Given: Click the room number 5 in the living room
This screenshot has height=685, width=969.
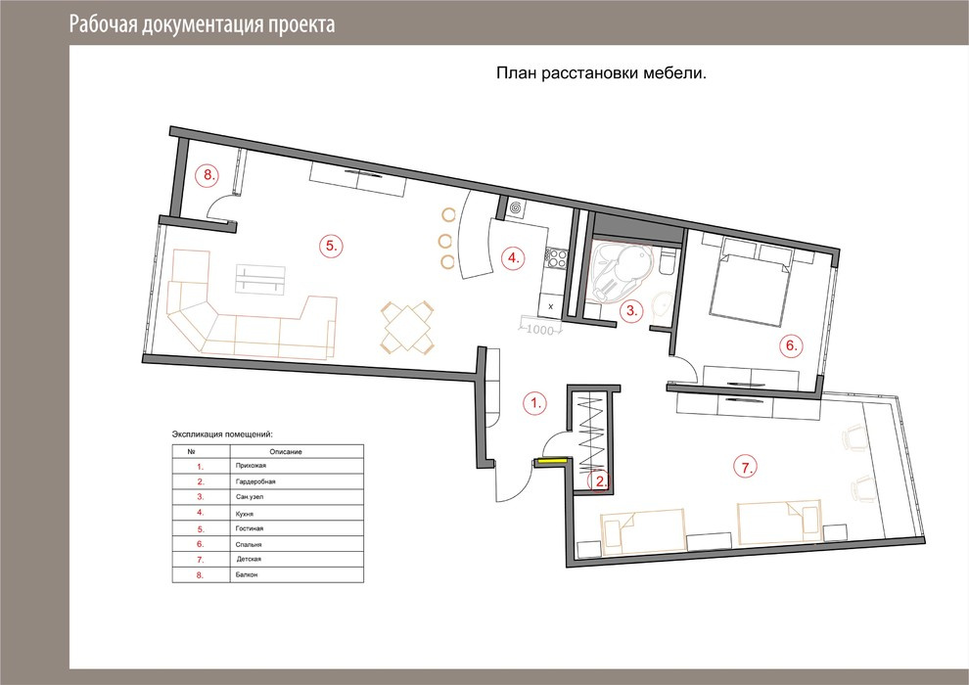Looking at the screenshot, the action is pos(331,246).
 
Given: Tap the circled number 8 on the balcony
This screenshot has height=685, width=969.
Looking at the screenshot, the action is pos(208,175).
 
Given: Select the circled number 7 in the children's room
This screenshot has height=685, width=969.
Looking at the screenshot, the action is pos(746,467).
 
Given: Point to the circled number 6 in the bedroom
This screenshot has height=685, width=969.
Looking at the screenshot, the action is pos(792,345).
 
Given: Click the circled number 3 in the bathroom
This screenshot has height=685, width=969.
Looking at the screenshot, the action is pos(631,310).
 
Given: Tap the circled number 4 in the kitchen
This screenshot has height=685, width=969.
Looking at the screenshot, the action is pos(513,257).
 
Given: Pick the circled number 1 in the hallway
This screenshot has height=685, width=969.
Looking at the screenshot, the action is pos(535,403).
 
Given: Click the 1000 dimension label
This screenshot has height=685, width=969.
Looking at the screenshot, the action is pos(539,331).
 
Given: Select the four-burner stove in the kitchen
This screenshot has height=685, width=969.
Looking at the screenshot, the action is pos(556,258).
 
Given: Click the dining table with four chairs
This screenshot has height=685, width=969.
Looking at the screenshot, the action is pos(406,327).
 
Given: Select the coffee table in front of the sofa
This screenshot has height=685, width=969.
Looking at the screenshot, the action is pos(260,279).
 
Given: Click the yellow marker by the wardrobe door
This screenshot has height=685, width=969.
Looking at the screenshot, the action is pos(551,460).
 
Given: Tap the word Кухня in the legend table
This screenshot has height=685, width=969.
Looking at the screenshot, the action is pos(245,514).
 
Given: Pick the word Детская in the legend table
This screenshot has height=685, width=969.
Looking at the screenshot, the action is pos(249,559).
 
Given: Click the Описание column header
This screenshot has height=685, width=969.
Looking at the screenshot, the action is pos(286,452).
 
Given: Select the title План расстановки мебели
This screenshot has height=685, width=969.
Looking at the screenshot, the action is pos(601,73).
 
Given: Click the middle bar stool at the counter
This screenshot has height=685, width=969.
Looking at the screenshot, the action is pos(445,240).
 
